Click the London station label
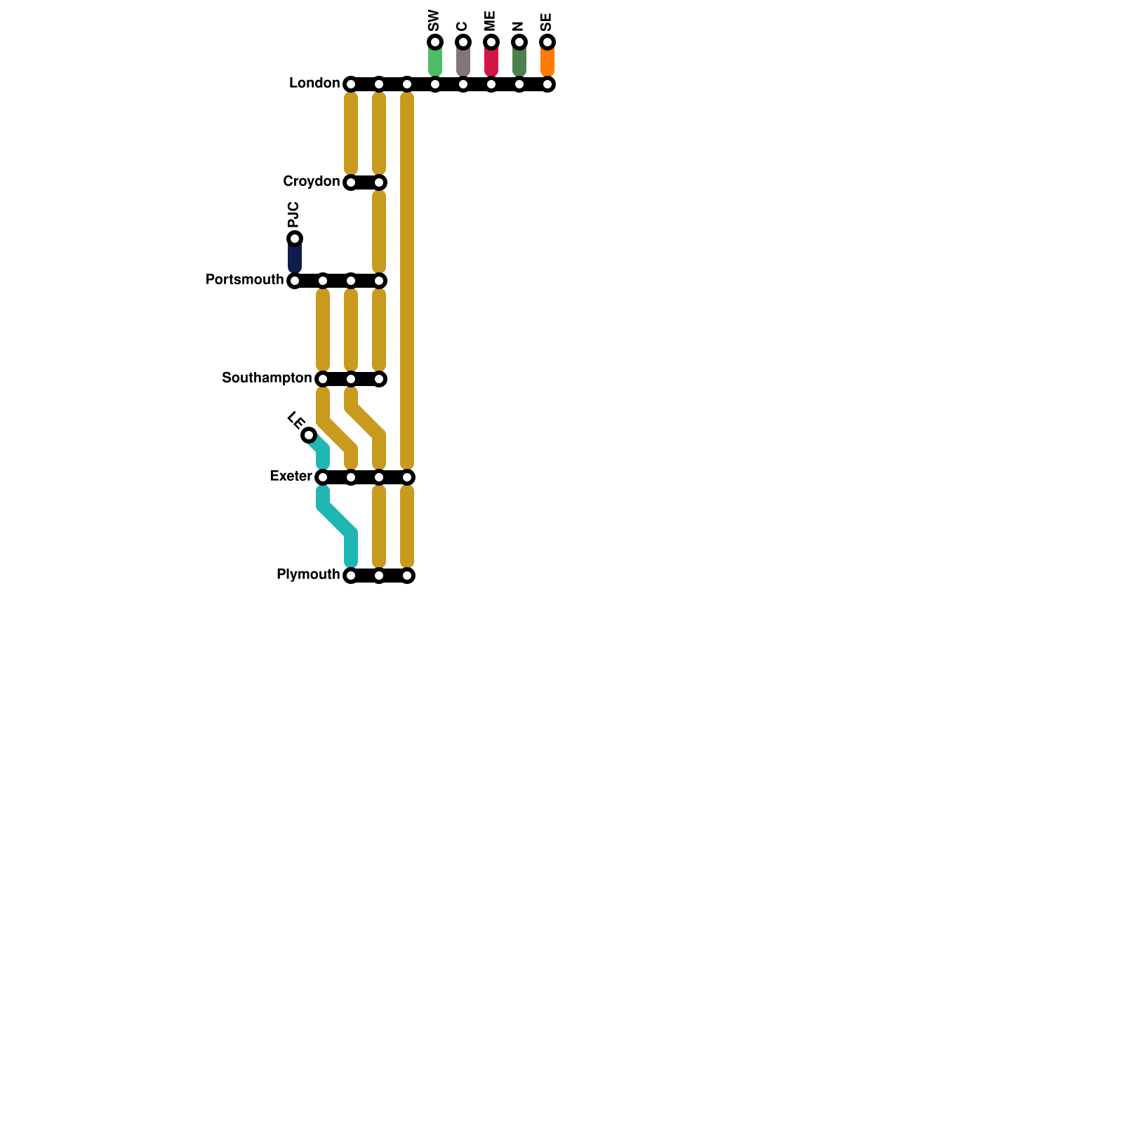314,84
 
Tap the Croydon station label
311,182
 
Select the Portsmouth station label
244,280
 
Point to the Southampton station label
267,378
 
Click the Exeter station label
291,477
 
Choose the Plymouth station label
308,575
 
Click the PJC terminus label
294,214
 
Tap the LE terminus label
295,420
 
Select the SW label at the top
434,20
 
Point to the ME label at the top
490,20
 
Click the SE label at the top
547,22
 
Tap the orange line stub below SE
547,61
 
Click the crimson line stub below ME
491,61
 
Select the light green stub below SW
435,61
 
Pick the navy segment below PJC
295,258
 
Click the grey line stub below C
463,61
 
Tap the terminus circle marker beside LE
309,435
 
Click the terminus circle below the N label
519,42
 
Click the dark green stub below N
519,61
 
